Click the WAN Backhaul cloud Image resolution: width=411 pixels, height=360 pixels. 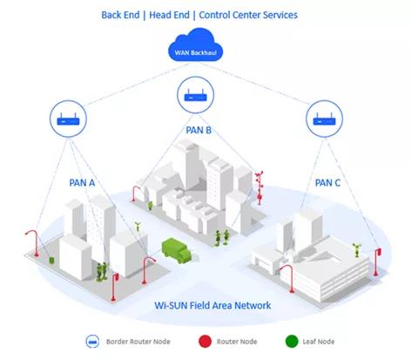coord(195,44)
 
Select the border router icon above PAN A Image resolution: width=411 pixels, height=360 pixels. coord(68,119)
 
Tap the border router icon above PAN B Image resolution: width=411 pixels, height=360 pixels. coord(196,95)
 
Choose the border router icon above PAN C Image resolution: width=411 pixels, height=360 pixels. coord(324,119)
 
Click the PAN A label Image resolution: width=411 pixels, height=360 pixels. coord(82,183)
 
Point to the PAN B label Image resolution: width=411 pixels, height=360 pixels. coord(199,130)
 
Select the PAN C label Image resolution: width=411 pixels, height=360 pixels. coord(327,183)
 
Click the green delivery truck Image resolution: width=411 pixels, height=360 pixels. coord(177,250)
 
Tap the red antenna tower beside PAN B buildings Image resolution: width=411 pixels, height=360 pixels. coord(259,187)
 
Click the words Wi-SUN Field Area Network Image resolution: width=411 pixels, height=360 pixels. coord(212,305)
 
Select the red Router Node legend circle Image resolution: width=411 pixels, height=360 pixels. coord(205,342)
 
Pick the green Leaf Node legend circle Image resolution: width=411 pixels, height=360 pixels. coord(292,342)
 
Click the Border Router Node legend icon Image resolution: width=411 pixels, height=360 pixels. coord(92,342)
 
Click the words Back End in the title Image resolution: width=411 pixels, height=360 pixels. coord(120,15)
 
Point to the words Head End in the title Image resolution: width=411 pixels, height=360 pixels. coord(169,15)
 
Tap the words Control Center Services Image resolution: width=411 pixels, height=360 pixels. coord(248,15)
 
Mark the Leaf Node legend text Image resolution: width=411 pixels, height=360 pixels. coord(319,342)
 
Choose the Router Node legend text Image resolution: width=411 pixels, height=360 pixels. coord(237,342)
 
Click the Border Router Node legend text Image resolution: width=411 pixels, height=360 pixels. coord(138,342)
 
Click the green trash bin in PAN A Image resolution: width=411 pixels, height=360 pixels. coord(51,261)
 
